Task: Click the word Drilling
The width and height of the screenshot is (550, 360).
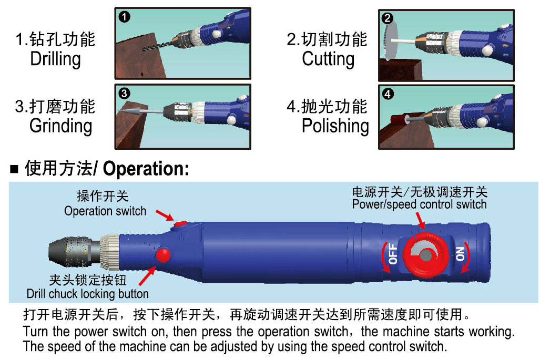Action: [55, 59]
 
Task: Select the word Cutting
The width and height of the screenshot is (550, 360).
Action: [328, 59]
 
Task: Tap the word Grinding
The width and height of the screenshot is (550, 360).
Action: [60, 126]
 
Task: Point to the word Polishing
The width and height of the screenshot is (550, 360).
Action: [335, 126]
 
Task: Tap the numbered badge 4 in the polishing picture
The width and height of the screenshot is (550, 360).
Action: [388, 95]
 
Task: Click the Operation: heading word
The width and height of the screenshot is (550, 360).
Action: [146, 169]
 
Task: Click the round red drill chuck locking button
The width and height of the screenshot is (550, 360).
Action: [163, 255]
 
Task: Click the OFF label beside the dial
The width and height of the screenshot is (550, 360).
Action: [393, 254]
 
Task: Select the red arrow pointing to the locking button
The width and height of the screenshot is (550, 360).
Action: [147, 276]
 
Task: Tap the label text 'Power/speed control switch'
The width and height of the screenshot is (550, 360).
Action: [419, 204]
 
